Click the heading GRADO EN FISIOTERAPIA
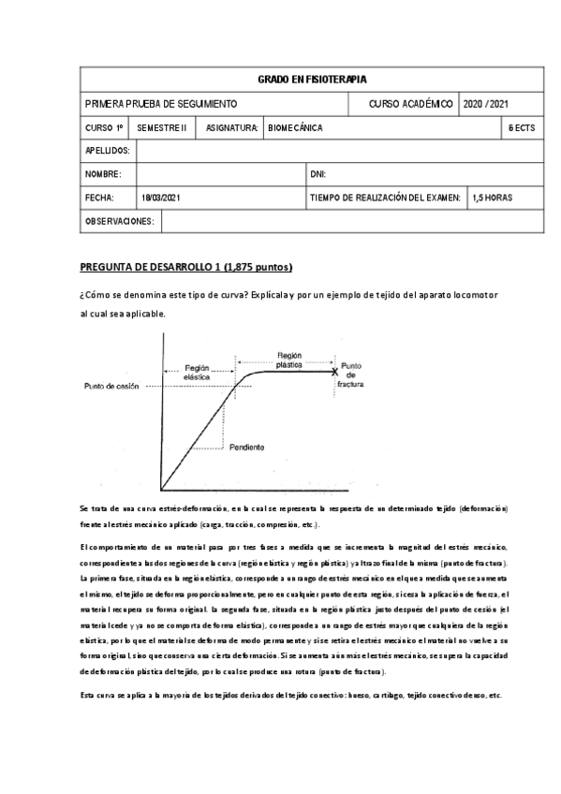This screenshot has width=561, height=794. [312, 80]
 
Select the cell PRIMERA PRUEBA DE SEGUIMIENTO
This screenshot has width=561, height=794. [161, 103]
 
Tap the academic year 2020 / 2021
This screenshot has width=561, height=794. [487, 103]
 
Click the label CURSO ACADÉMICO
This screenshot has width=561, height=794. [411, 103]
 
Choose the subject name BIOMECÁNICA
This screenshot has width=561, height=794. [295, 127]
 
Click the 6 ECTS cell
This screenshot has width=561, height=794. [521, 127]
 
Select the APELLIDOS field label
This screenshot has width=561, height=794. [108, 151]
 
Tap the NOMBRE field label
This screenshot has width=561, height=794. [104, 174]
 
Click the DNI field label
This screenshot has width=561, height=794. [317, 174]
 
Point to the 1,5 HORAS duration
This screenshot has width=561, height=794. [493, 198]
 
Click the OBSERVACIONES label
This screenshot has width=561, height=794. [120, 221]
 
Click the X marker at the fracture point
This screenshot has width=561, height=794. [335, 372]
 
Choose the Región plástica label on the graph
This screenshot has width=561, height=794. [289, 360]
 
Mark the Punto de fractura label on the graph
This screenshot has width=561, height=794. [349, 375]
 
